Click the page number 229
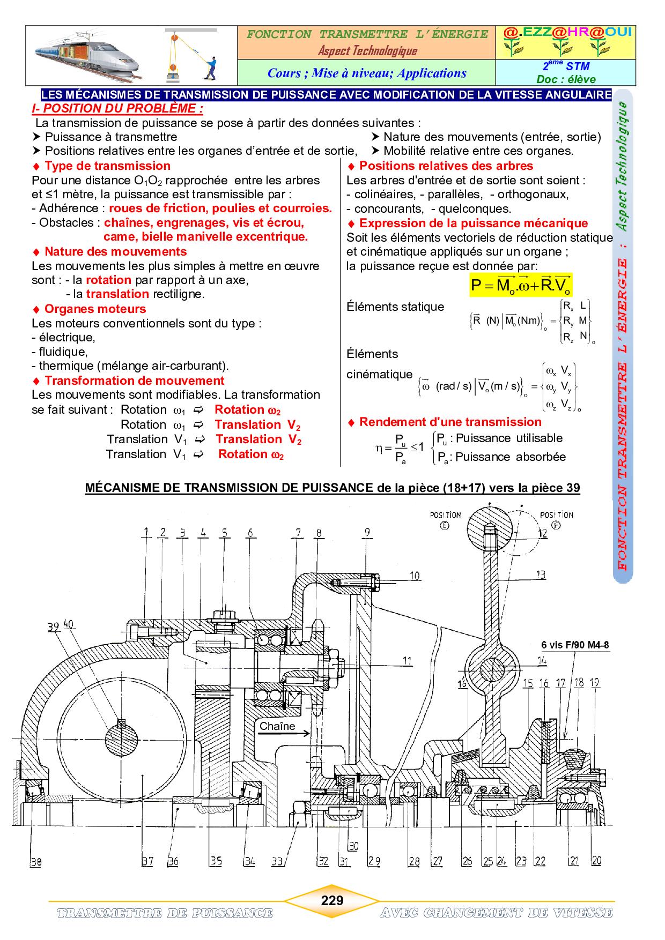[332, 900]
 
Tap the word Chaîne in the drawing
[277, 726]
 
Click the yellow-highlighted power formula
[520, 285]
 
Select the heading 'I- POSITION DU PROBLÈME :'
[117, 108]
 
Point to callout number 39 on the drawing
[52, 626]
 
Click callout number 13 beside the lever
[541, 575]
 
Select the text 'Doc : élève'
[566, 79]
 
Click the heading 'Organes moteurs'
[95, 309]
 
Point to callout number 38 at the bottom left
[35, 877]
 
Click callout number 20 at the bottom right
[596, 876]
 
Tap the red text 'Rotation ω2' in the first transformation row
[247, 410]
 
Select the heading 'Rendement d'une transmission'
[450, 422]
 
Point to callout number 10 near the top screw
[415, 576]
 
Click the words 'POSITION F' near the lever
[556, 518]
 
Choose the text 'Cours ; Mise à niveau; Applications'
[367, 73]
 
